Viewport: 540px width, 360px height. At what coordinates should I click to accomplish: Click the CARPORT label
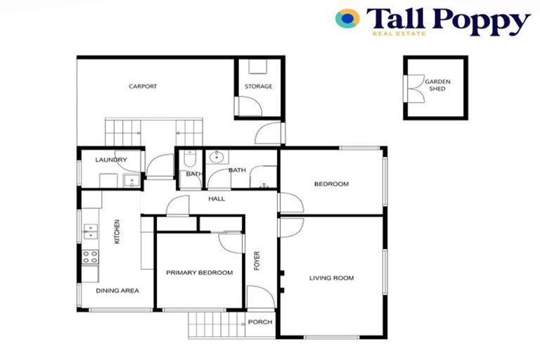pyautogui.click(x=142, y=86)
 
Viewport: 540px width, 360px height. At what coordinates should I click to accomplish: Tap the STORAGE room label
pyautogui.click(x=258, y=86)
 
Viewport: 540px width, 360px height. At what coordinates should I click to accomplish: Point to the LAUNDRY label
pyautogui.click(x=110, y=160)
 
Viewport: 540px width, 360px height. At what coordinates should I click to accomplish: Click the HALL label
pyautogui.click(x=217, y=199)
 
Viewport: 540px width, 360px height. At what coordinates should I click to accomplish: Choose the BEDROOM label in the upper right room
pyautogui.click(x=331, y=184)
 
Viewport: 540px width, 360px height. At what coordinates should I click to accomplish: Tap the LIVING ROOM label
pyautogui.click(x=331, y=278)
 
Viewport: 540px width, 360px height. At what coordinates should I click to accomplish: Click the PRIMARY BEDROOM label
pyautogui.click(x=199, y=272)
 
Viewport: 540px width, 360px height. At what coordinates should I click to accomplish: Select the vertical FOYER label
pyautogui.click(x=257, y=261)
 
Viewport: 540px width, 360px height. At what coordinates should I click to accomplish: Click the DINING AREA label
pyautogui.click(x=117, y=290)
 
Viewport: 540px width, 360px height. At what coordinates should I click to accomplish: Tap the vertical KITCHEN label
pyautogui.click(x=117, y=232)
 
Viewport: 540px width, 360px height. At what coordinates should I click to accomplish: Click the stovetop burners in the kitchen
pyautogui.click(x=89, y=257)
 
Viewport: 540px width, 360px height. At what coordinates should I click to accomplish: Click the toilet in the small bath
pyautogui.click(x=188, y=161)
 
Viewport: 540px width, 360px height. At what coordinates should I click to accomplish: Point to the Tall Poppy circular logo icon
pyautogui.click(x=347, y=18)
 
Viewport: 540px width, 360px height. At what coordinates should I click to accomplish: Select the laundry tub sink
pyautogui.click(x=130, y=181)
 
